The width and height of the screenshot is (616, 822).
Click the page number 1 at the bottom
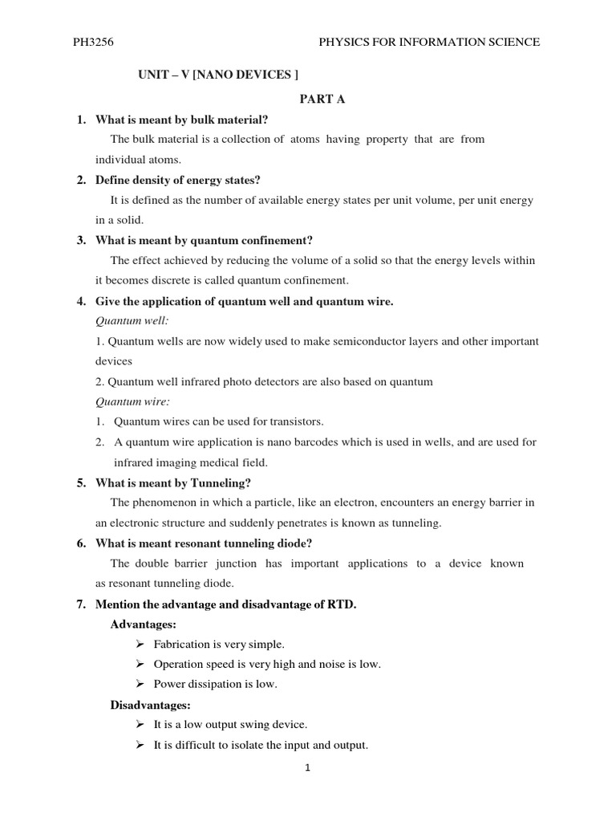(x=307, y=767)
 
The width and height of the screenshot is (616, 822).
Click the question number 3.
(x=81, y=240)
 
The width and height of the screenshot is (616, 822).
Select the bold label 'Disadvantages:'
(x=149, y=705)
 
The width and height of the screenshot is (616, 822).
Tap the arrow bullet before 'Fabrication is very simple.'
(x=139, y=644)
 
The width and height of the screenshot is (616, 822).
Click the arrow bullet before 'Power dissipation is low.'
(x=139, y=684)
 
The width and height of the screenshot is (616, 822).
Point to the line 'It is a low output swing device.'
(x=230, y=724)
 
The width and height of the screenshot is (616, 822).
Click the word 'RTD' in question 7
(x=342, y=604)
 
